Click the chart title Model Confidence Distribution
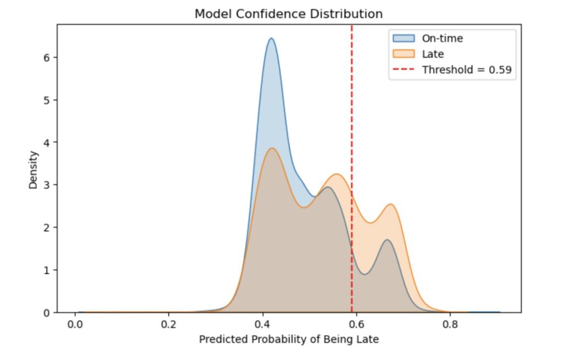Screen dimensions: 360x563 tap(289, 14)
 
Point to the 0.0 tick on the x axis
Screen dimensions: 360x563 tap(75, 324)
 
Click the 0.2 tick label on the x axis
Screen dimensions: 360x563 tap(169, 324)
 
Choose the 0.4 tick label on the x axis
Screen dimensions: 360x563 tap(263, 324)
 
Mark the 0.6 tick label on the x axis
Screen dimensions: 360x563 tap(356, 324)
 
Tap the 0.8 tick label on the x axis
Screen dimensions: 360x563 tap(450, 324)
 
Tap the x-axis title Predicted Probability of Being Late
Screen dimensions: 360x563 tap(289, 339)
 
